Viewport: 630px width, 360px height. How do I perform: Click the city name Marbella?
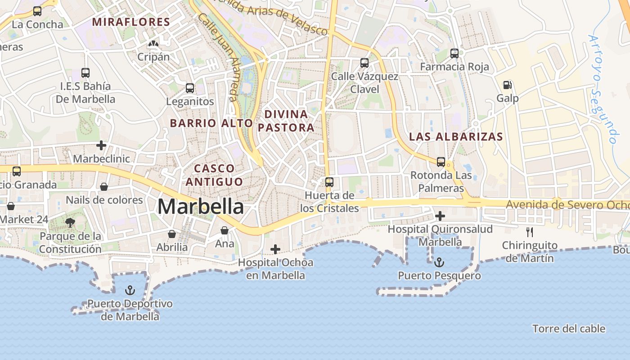pyautogui.click(x=201, y=207)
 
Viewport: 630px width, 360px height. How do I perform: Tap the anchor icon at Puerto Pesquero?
pyautogui.click(x=439, y=262)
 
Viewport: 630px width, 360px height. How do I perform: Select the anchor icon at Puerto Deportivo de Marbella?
pyautogui.click(x=130, y=290)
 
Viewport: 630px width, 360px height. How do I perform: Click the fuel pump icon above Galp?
pyautogui.click(x=507, y=85)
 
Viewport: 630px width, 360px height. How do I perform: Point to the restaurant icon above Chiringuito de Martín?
pyautogui.click(x=530, y=232)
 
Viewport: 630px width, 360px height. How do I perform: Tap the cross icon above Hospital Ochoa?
pyautogui.click(x=275, y=249)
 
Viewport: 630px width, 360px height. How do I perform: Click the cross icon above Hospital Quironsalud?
pyautogui.click(x=440, y=216)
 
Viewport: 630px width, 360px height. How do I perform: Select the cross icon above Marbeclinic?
pyautogui.click(x=101, y=145)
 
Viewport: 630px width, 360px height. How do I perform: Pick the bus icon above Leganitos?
pyautogui.click(x=190, y=88)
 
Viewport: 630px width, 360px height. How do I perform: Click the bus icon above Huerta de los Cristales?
pyautogui.click(x=329, y=182)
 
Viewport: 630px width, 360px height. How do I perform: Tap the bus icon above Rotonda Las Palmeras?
pyautogui.click(x=441, y=162)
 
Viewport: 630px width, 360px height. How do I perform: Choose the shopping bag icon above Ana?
pyautogui.click(x=225, y=231)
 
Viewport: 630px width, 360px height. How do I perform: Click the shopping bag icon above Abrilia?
pyautogui.click(x=172, y=234)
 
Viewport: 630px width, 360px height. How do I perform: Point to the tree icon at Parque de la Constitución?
pyautogui.click(x=70, y=222)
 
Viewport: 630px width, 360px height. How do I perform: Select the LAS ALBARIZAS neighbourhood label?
pyautogui.click(x=456, y=137)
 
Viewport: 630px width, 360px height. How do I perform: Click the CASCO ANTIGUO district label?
pyautogui.click(x=214, y=175)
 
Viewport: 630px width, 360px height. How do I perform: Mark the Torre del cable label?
pyautogui.click(x=569, y=329)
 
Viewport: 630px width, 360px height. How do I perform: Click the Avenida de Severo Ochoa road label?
pyautogui.click(x=567, y=205)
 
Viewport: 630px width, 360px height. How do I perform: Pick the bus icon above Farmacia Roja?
pyautogui.click(x=454, y=54)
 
